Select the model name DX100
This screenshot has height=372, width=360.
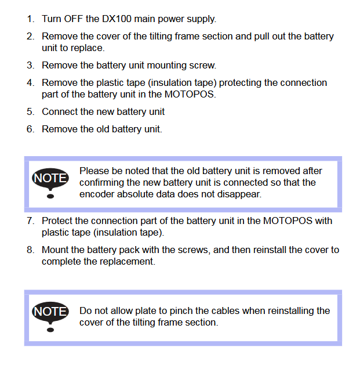tap(115, 19)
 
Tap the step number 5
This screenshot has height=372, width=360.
tap(30, 111)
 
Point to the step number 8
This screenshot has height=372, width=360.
tap(30, 250)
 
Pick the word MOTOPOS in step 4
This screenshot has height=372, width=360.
tap(189, 94)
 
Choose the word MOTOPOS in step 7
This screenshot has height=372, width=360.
tap(288, 221)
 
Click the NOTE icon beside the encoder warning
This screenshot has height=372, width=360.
tap(50, 183)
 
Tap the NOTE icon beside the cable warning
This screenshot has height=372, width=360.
tap(50, 316)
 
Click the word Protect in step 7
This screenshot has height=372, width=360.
tap(57, 221)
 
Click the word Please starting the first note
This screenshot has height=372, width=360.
tap(94, 171)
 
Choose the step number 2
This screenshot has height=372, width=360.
tap(30, 37)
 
